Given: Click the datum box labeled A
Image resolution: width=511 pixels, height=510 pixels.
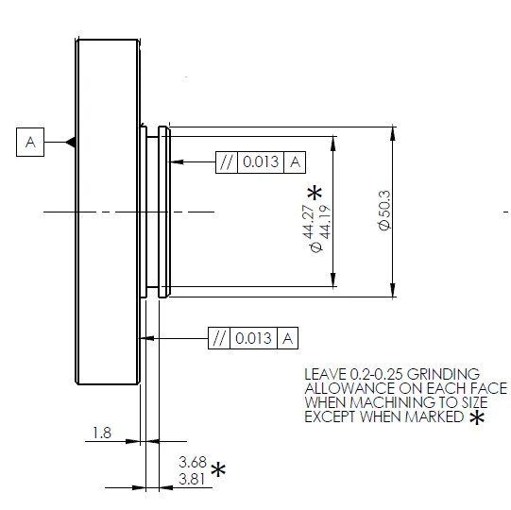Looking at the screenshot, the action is (x=30, y=142).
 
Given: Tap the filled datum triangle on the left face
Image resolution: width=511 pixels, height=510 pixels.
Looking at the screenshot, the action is (x=71, y=142).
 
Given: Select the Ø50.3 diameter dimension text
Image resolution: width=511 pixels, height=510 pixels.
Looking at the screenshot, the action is (x=384, y=211).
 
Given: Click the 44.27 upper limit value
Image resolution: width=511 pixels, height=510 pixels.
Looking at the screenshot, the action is (x=308, y=222).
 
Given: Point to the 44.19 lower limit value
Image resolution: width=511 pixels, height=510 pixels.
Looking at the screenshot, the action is (x=326, y=222).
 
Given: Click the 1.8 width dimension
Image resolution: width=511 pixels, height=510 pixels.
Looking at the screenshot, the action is (x=102, y=433).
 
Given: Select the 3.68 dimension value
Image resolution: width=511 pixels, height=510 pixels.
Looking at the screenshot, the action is (x=193, y=462).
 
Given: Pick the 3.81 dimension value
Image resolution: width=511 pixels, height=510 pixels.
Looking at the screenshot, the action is (x=192, y=480).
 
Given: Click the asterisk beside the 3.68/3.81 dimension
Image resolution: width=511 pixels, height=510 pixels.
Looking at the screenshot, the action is (x=218, y=470).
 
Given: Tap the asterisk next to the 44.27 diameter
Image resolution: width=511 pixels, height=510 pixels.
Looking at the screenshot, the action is (x=315, y=193).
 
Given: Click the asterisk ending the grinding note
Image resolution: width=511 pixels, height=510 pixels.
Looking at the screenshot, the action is (x=477, y=417).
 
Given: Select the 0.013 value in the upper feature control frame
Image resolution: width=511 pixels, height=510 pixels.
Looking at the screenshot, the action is (x=261, y=161).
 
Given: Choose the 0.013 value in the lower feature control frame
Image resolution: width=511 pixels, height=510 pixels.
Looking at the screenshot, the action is (x=253, y=338).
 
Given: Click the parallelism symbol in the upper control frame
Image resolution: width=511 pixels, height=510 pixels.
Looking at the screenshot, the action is (x=227, y=161).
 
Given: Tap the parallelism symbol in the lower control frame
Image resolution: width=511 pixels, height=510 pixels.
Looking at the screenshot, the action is (x=219, y=338).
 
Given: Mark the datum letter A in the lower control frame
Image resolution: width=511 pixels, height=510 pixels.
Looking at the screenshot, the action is (x=287, y=338).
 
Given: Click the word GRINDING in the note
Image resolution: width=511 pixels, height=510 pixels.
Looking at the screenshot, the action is (x=443, y=374).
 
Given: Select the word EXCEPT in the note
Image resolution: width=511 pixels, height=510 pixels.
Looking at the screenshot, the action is (x=330, y=416).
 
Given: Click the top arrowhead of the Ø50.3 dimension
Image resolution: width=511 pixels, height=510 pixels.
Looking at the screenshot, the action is (x=393, y=133).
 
